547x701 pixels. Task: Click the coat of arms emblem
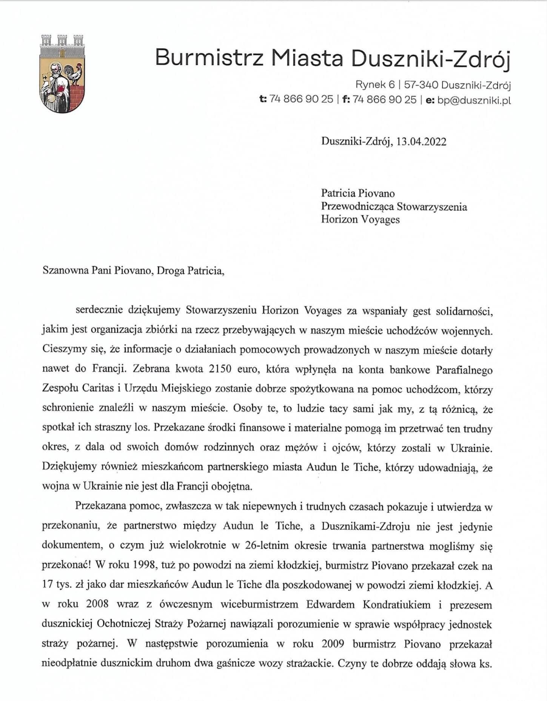[62, 74]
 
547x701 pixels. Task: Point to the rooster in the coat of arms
[74, 73]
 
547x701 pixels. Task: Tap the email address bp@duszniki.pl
[474, 100]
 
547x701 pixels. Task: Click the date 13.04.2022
[421, 141]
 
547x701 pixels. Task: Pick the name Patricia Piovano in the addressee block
[357, 193]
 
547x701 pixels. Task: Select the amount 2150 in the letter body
[220, 369]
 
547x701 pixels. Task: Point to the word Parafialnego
[464, 370]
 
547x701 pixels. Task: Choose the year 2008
[97, 604]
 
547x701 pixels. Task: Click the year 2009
[333, 644]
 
